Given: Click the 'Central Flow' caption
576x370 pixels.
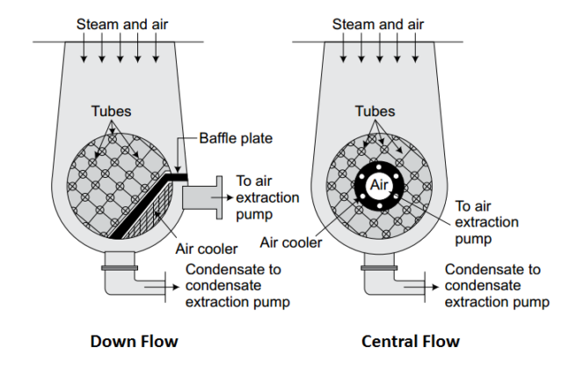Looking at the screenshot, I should pos(410,341).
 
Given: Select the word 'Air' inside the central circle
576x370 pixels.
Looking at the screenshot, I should pos(379,186).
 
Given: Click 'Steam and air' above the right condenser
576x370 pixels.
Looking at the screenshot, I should pos(378,24).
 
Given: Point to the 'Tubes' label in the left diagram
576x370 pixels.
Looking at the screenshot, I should pos(112,112).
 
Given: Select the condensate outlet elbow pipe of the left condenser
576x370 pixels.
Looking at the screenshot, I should pos(120,277).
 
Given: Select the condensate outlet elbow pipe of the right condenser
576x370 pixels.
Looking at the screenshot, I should pos(379,277).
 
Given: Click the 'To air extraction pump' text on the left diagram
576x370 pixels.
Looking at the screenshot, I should pos(268,196).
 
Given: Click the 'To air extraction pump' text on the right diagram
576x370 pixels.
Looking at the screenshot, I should pos(489,221).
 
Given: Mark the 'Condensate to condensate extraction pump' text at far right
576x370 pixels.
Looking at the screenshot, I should pos(497,286).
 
